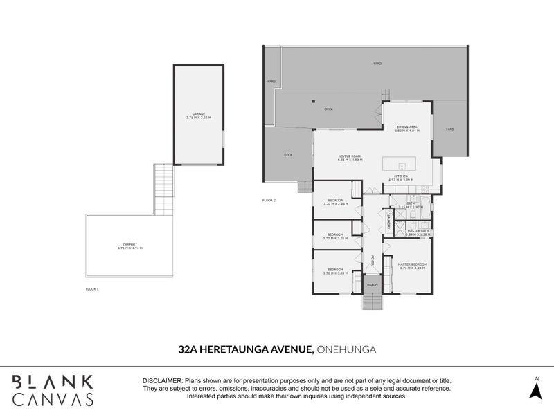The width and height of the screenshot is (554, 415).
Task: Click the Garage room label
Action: [x=198, y=114]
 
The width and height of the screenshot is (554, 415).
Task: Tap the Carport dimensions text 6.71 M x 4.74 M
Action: [x=129, y=248]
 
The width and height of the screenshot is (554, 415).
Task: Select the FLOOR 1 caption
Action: [x=92, y=288]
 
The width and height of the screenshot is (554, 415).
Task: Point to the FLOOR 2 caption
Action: [x=269, y=200]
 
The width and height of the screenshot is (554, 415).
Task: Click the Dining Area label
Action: [x=406, y=127]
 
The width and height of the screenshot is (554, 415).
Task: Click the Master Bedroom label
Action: [x=412, y=264]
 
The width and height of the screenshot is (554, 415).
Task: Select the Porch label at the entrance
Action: [x=372, y=285]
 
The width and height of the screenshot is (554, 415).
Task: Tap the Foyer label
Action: [x=372, y=260]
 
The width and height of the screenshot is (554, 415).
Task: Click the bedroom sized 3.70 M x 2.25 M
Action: [x=335, y=234]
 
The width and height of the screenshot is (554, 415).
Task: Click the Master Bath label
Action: [x=418, y=231]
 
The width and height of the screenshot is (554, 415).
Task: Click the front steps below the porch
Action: [x=372, y=302]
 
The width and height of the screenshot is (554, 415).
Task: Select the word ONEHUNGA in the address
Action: [x=346, y=349]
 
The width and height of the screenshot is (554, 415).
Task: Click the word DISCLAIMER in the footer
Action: [x=161, y=381]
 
